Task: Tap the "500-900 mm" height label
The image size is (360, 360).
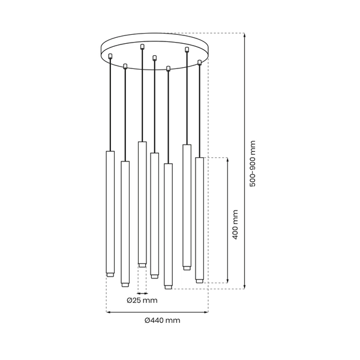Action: pos(253,163)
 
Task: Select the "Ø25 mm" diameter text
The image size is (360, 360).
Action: pos(142,300)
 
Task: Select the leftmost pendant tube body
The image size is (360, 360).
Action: pos(110,210)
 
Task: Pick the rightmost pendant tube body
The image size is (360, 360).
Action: pos(199,216)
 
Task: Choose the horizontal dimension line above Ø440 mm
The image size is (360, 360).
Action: pos(157,312)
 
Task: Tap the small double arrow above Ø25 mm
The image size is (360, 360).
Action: pos(142,293)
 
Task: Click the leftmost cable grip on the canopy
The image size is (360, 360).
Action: pos(111,56)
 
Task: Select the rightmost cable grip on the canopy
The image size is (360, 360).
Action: pos(200,62)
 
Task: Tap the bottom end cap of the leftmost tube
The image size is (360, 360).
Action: pos(110,275)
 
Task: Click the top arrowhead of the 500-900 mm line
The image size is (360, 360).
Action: pos(245,35)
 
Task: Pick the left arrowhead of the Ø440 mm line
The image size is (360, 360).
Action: pos(109,312)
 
